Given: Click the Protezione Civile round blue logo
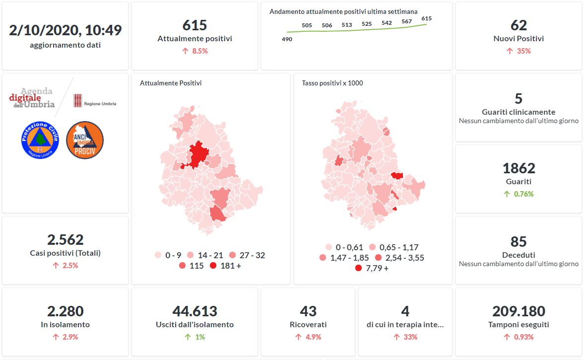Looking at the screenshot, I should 40,140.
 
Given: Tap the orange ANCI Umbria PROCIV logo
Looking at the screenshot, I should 84,140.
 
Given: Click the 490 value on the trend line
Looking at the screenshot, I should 287,39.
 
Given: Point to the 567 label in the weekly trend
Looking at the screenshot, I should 407,21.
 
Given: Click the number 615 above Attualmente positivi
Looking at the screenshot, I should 195,25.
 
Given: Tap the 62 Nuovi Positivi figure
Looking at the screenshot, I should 519,25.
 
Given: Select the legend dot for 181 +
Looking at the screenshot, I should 213,266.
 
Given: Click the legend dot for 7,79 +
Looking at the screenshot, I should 358,268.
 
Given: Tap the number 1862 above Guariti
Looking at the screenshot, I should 519,168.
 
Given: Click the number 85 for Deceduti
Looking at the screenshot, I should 519,242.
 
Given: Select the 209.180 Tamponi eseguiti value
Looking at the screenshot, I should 519,311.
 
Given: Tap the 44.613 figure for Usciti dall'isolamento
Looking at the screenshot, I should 195,311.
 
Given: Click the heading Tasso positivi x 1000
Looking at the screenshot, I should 332,83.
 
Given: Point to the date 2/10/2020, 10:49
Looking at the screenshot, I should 65,30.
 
